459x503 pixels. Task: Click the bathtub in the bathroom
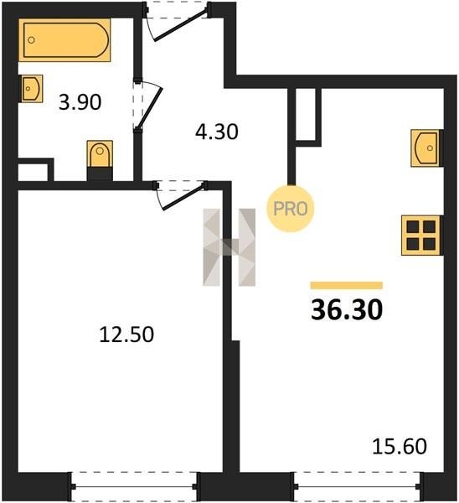64,40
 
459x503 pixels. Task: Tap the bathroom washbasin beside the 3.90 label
32,89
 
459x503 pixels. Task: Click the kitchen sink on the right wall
426,148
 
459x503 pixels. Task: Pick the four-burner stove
421,235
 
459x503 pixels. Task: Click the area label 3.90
80,102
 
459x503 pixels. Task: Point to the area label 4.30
217,132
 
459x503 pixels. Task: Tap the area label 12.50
127,334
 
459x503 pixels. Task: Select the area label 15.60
400,446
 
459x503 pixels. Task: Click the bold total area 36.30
347,310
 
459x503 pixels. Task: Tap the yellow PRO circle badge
291,209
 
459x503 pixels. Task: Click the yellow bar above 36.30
347,285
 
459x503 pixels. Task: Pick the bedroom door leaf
183,197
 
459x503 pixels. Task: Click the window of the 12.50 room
135,486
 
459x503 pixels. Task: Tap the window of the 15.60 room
357,486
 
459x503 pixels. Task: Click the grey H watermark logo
229,247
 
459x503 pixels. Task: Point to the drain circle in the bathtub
31,40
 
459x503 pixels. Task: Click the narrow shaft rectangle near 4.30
308,117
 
